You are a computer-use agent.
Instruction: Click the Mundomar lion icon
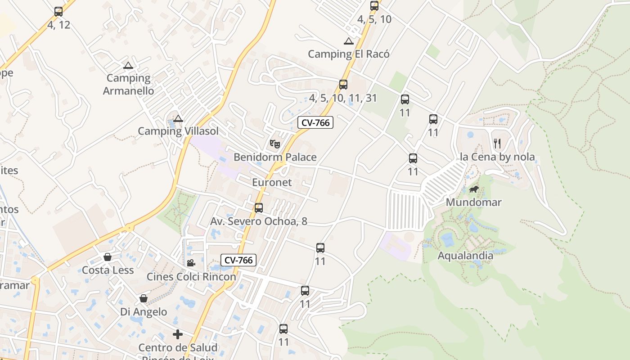click(x=474, y=189)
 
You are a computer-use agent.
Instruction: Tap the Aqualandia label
click(x=465, y=256)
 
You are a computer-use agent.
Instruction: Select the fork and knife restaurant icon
click(x=497, y=144)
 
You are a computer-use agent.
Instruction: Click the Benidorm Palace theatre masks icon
click(x=275, y=144)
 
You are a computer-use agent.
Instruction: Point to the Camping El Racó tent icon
click(x=348, y=41)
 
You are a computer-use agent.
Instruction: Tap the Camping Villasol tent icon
click(x=178, y=119)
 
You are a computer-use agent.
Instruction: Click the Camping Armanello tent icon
click(x=128, y=66)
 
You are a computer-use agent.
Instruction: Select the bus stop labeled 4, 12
click(x=58, y=12)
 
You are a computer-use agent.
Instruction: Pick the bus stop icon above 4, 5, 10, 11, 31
click(x=343, y=85)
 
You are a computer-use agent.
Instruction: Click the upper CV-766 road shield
click(x=315, y=122)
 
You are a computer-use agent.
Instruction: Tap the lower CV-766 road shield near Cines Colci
click(x=238, y=260)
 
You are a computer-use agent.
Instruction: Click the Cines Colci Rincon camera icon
click(x=191, y=263)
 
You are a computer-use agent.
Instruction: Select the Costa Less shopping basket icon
click(x=108, y=257)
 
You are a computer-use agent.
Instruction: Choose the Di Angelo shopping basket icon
click(x=143, y=298)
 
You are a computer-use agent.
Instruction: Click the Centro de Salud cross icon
click(x=178, y=334)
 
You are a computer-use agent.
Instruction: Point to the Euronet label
click(x=272, y=182)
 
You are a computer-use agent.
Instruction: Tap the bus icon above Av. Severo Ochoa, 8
click(x=259, y=208)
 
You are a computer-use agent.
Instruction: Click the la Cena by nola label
click(x=497, y=157)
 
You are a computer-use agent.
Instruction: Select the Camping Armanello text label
click(x=128, y=84)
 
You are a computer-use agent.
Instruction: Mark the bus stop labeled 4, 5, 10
click(x=374, y=6)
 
